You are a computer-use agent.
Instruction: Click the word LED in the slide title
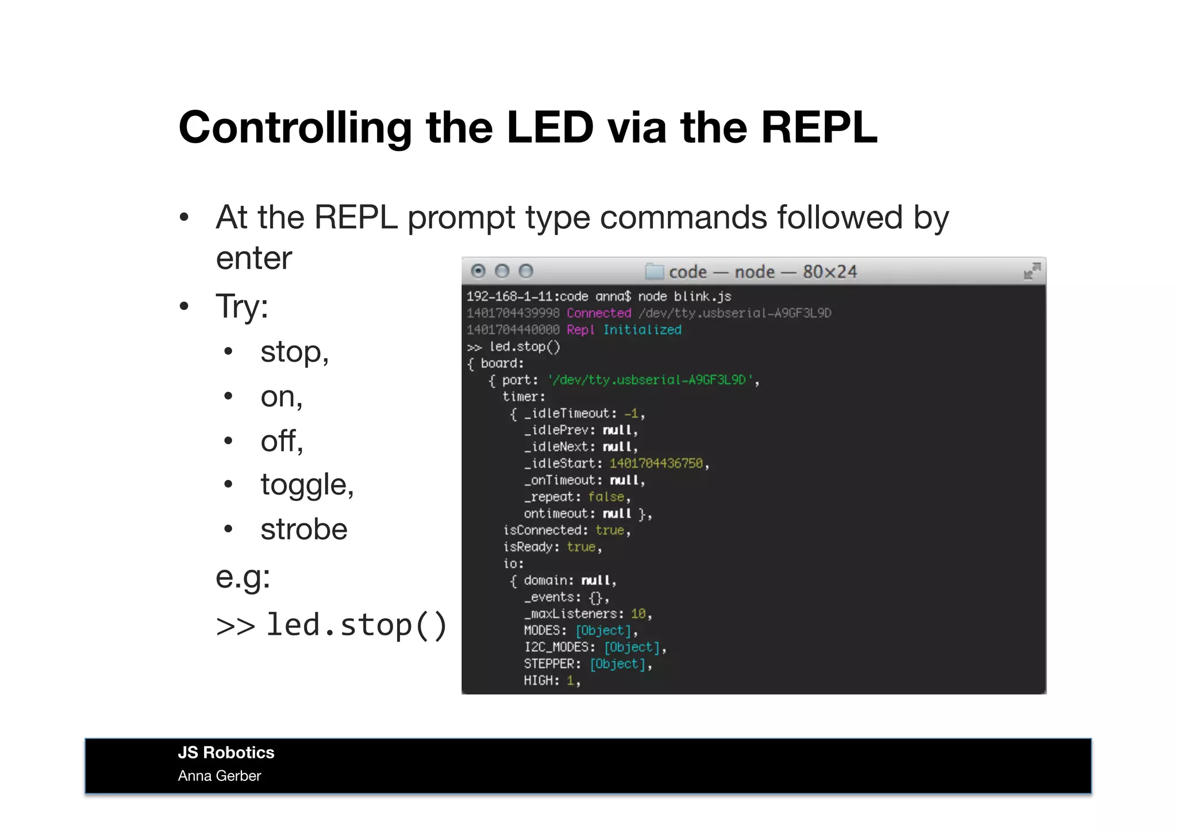(549, 127)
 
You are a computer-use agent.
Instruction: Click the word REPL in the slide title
(819, 127)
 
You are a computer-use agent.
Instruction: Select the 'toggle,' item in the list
(307, 485)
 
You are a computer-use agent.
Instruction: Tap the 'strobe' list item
(303, 529)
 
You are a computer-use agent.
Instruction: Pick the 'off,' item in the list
(282, 441)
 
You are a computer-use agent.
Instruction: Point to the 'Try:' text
(241, 306)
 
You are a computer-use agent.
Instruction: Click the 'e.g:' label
(243, 577)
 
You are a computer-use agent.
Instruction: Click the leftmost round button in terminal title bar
(478, 271)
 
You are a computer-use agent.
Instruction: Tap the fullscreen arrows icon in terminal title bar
(1032, 271)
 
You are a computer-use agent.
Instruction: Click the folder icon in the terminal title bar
(654, 271)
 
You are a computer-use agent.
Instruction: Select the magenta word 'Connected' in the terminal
(598, 313)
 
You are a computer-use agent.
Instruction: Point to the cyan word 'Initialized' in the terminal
(642, 330)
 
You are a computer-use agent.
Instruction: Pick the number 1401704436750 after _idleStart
(656, 463)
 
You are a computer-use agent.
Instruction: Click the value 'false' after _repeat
(606, 497)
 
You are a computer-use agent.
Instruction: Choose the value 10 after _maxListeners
(638, 614)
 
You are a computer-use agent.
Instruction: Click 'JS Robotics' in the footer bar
(226, 753)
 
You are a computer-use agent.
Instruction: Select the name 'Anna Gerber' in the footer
(220, 776)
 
